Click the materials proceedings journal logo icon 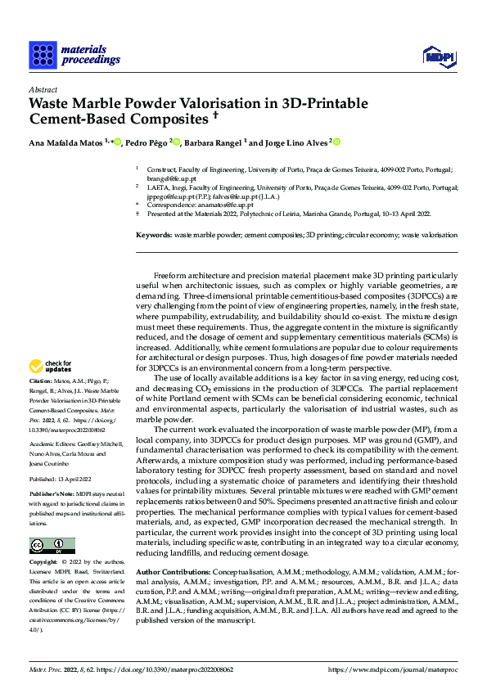point(43,54)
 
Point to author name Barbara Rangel point(214,143)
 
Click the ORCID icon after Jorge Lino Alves point(336,142)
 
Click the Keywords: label point(153,235)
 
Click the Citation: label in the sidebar point(41,381)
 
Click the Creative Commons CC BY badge point(52,546)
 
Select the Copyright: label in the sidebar point(43,564)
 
